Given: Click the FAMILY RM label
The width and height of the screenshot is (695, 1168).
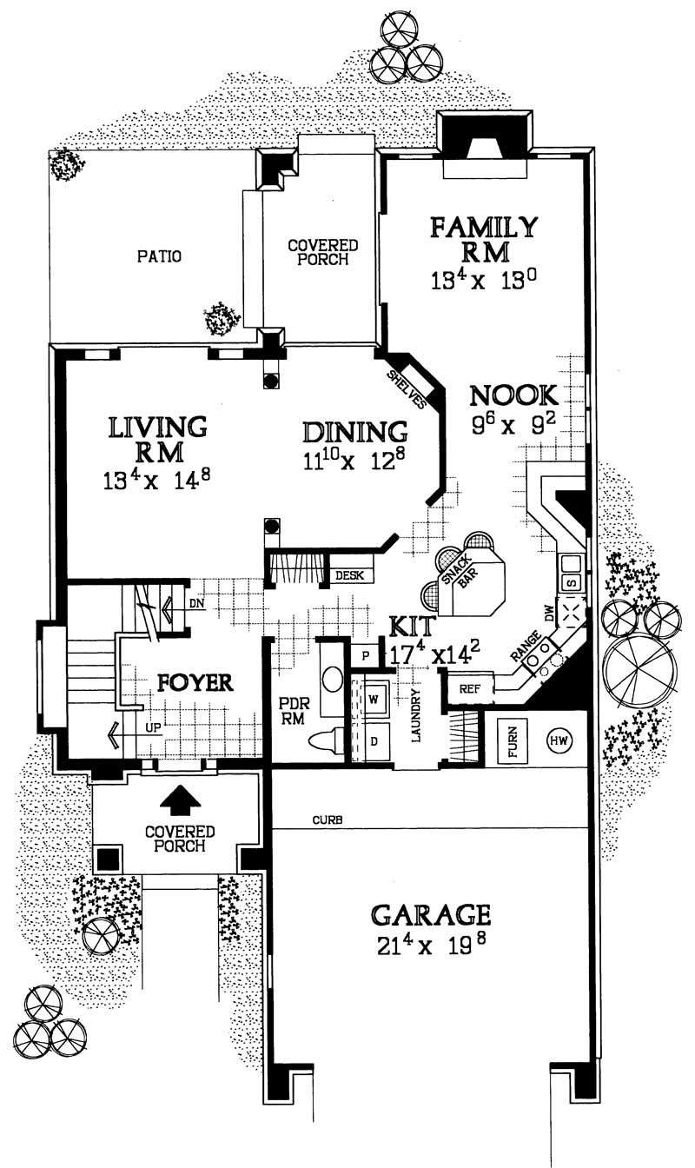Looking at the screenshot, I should point(484,239).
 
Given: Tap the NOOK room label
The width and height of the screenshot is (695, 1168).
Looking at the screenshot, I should point(513,395).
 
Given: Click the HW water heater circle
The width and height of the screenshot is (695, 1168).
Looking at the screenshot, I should point(557,740).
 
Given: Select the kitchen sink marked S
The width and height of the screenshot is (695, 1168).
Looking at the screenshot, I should point(573,581).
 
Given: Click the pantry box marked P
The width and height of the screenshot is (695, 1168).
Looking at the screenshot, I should point(366,654).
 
